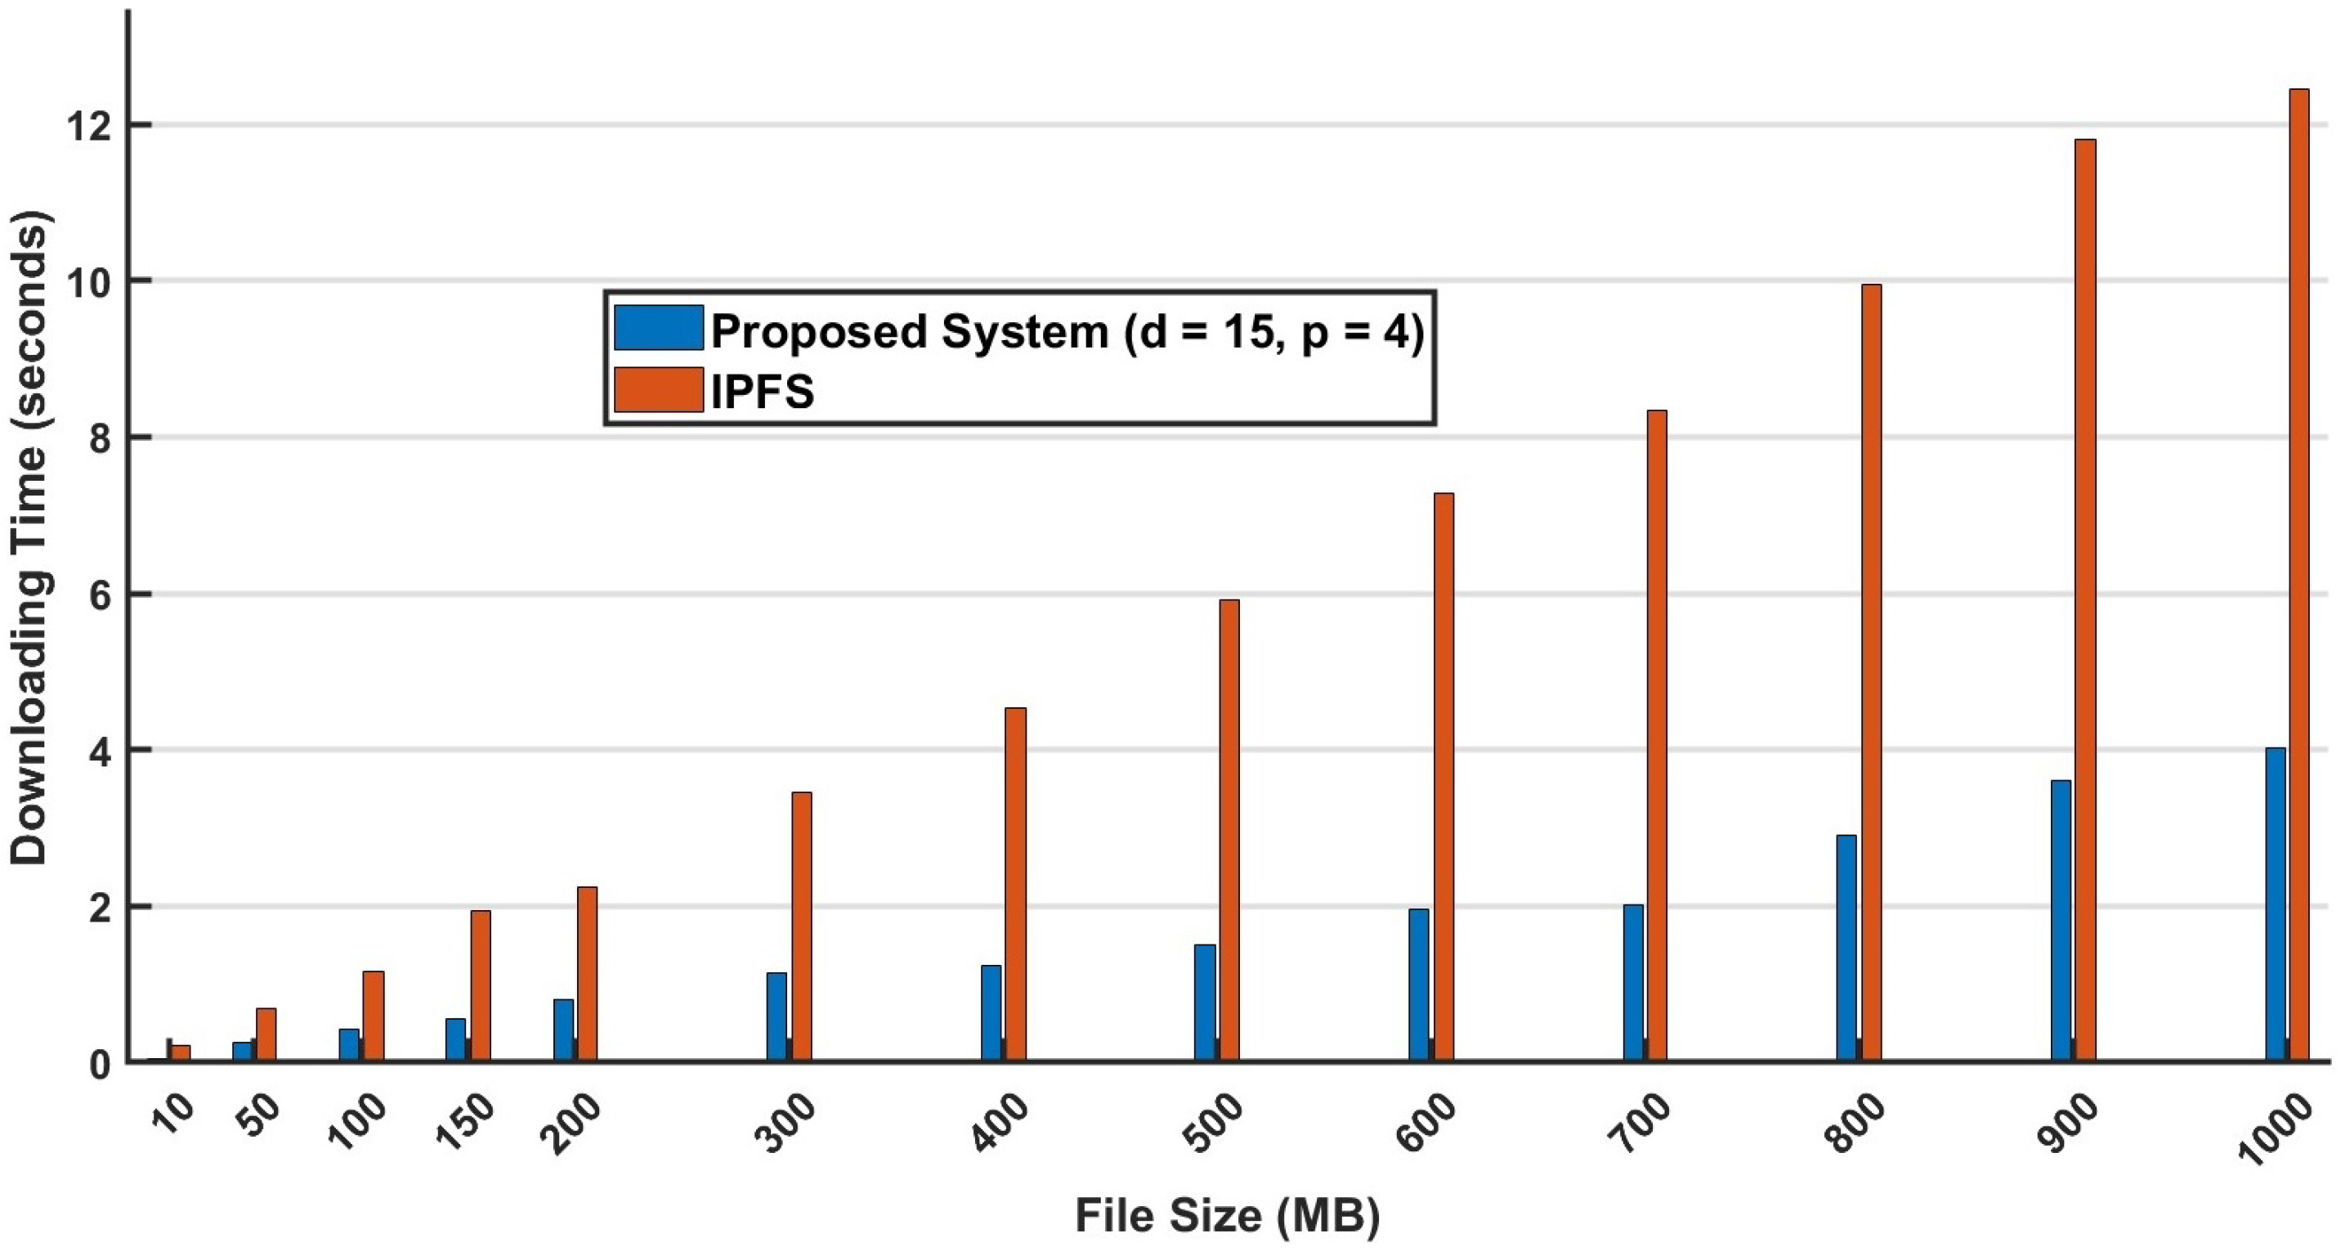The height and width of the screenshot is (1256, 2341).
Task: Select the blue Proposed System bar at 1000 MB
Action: (2276, 904)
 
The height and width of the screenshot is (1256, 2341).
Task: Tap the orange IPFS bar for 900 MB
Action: (2086, 600)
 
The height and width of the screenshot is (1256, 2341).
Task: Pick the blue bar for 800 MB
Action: (1846, 947)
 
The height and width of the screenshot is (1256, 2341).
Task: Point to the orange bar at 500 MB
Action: (1229, 830)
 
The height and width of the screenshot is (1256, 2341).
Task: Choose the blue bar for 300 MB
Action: (777, 1016)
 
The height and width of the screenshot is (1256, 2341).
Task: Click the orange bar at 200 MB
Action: (588, 973)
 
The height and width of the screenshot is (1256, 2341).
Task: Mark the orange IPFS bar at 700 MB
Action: (1657, 735)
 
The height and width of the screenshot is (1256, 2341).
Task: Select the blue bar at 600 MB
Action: (1419, 985)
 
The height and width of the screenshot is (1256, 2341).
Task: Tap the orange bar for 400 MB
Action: (1016, 883)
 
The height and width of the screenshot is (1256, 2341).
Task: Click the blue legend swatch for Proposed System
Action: (658, 328)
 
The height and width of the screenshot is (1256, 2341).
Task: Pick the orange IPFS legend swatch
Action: (658, 390)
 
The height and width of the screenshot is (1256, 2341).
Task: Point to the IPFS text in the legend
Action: (763, 392)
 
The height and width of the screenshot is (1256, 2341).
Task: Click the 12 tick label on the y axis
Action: (87, 125)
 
